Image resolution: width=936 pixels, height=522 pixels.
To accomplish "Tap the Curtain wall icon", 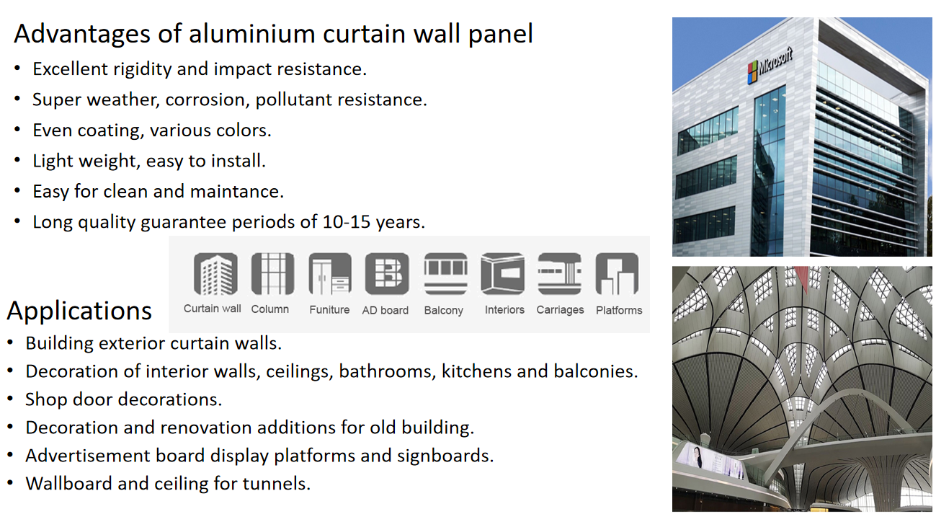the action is [215, 274].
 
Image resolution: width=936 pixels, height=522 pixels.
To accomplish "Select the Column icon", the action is [272, 274].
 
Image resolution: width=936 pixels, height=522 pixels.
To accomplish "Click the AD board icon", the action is [386, 274].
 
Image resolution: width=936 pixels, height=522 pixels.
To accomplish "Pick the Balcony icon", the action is [445, 274].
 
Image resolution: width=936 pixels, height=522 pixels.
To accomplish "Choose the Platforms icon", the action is [618, 274].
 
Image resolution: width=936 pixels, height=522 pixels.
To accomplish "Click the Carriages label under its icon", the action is [560, 310].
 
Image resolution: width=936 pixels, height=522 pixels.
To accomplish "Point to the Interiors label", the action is [504, 309].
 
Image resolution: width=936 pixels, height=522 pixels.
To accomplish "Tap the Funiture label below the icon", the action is [329, 309].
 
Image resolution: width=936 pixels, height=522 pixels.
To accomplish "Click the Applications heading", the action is [79, 311].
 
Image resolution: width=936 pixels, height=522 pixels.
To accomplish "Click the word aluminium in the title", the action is [251, 33].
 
